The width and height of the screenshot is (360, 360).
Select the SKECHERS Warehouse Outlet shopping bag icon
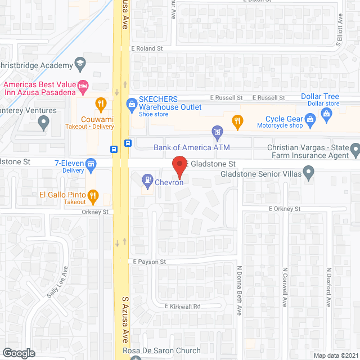[132, 103]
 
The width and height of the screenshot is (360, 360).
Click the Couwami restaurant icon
[101, 103]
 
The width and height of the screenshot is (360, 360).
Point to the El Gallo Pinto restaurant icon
[93, 196]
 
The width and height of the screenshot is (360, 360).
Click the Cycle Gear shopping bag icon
[309, 119]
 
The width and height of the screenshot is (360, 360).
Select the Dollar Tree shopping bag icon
[326, 114]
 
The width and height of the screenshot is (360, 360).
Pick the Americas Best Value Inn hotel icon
[84, 86]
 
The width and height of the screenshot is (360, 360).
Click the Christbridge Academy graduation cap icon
[79, 62]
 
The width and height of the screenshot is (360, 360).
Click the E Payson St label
[150, 262]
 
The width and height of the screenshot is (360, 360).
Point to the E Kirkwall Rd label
[182, 306]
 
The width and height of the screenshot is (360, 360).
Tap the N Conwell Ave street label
[285, 287]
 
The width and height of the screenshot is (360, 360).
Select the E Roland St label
[147, 49]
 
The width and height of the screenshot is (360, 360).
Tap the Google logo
[19, 353]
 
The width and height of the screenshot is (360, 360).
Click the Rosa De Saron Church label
[162, 351]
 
